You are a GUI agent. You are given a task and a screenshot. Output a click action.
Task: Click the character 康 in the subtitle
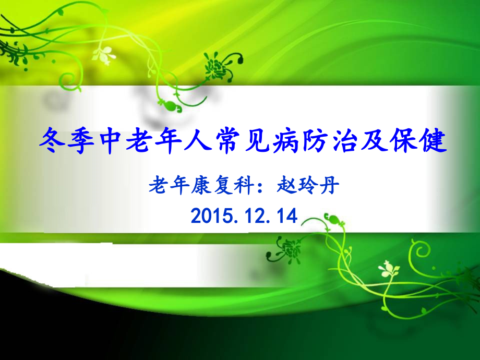point(200,186)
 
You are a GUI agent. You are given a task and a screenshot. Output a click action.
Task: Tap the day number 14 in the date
point(286,215)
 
